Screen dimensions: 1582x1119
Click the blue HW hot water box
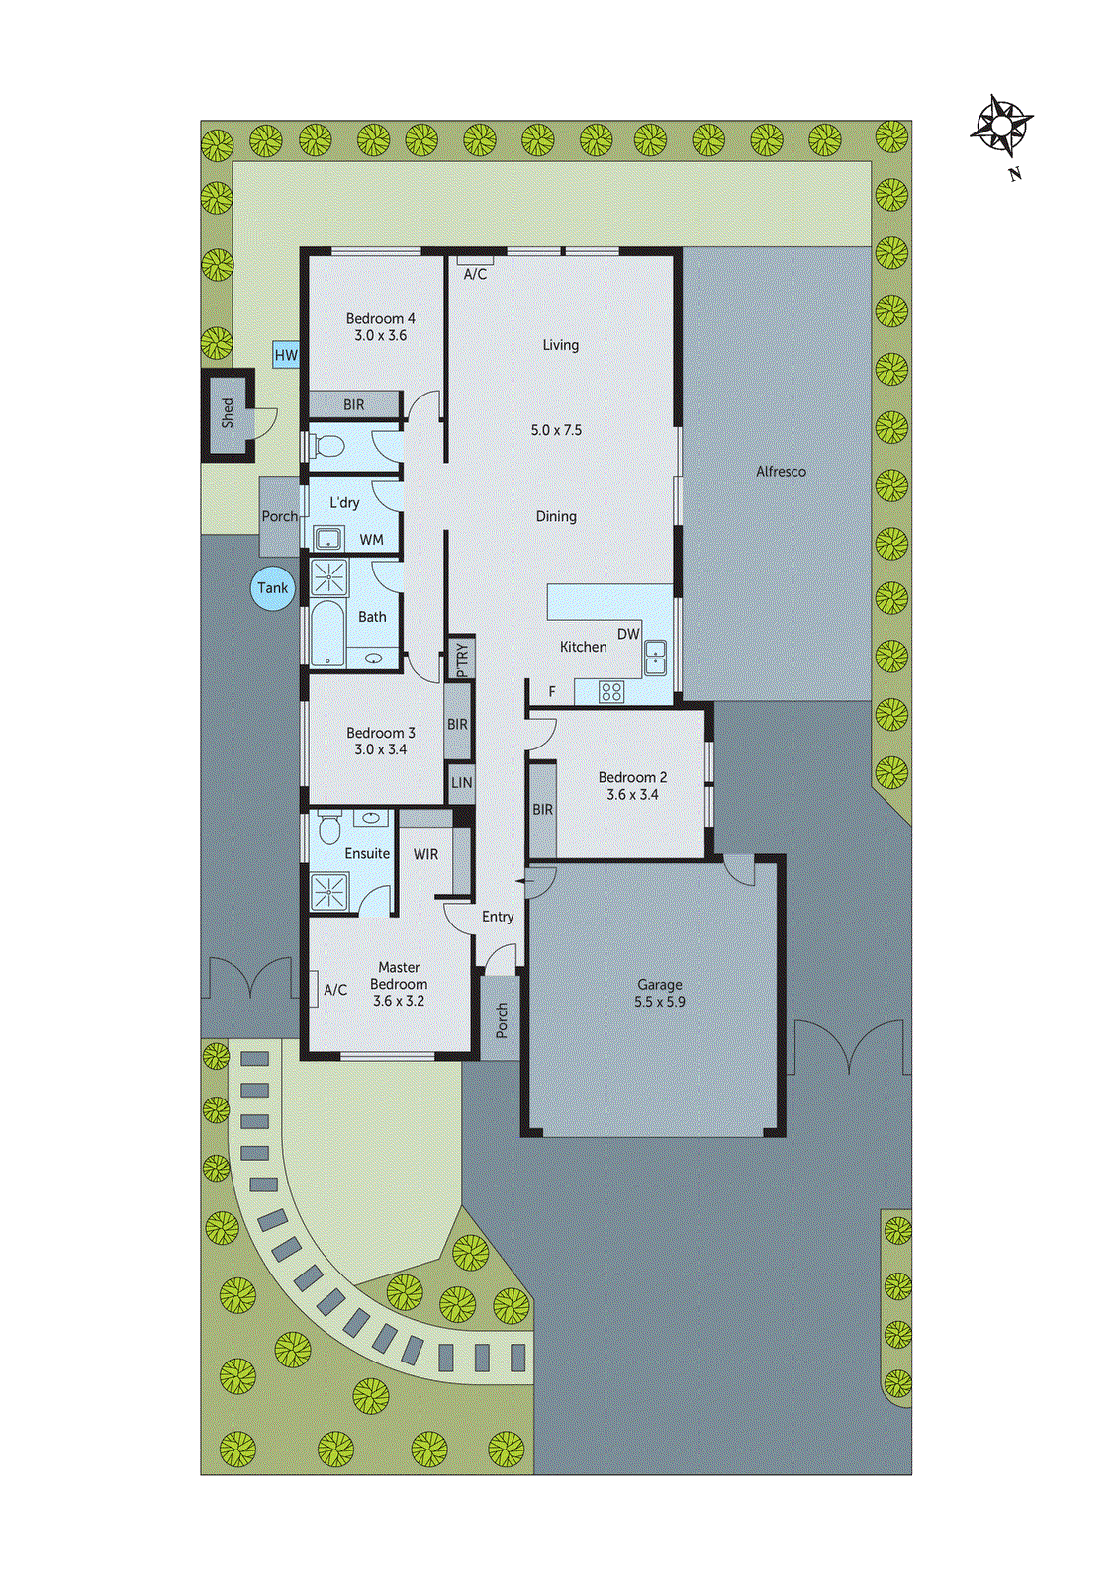[x=286, y=355]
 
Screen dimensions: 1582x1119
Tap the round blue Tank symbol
[x=273, y=588]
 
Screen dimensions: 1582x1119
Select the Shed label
[x=228, y=413]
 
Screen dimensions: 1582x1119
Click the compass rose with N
[x=1002, y=129]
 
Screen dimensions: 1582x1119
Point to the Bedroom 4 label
[x=380, y=327]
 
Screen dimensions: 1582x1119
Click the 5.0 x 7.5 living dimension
[x=556, y=430]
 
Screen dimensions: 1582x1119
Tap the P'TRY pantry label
[x=462, y=659]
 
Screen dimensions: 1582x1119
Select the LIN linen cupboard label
[x=462, y=783]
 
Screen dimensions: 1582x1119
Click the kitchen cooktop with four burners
[x=611, y=692]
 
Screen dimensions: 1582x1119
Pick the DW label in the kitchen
[x=628, y=634]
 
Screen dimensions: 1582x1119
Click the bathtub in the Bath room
[x=326, y=635]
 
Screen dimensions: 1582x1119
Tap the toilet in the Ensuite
[x=329, y=828]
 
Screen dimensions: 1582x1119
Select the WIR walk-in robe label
[x=425, y=854]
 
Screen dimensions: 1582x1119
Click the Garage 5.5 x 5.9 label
[x=660, y=993]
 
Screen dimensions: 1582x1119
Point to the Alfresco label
[x=781, y=472]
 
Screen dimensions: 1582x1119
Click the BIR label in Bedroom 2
[x=543, y=809]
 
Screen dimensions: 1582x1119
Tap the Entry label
[x=498, y=917]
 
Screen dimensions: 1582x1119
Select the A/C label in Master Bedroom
[x=335, y=990]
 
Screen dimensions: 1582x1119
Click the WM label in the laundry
[x=372, y=539]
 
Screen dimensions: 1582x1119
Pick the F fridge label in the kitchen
[x=552, y=691]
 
